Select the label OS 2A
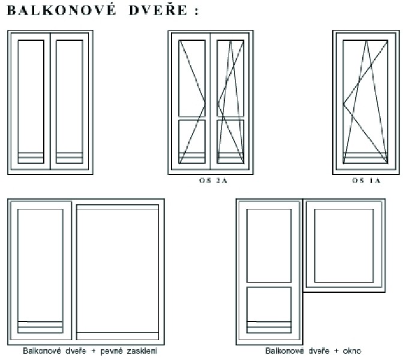pos(213,181)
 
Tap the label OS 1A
pos(366,181)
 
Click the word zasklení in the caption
pos(142,351)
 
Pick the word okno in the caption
pos(352,351)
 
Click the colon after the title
pos(197,11)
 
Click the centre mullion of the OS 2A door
pos(210,101)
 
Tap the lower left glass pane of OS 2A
pos(192,142)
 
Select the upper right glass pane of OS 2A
pos(230,78)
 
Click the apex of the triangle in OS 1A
pos(366,41)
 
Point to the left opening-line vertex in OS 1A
pos(343,104)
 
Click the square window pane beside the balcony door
pos(344,245)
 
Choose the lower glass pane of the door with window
pos(269,310)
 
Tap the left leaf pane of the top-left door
pos(31,101)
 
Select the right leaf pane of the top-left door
pos(70,101)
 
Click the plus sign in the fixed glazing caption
pos(93,351)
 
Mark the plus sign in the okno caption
pos(336,351)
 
